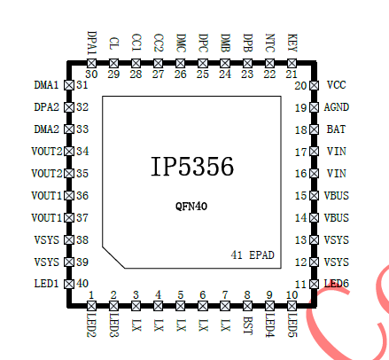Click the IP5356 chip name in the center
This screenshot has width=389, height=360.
click(x=192, y=167)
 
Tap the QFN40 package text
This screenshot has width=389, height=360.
click(x=191, y=206)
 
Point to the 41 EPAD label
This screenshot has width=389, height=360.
click(x=253, y=254)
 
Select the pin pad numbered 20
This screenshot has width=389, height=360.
click(x=314, y=85)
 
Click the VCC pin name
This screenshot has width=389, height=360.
click(x=336, y=85)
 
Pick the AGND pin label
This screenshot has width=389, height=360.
click(x=337, y=107)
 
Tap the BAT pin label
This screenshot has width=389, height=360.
click(x=336, y=129)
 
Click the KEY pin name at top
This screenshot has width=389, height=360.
click(x=292, y=43)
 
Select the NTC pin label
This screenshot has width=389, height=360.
click(x=269, y=43)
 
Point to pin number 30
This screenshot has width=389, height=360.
click(x=91, y=74)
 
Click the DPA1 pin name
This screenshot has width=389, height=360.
click(x=91, y=43)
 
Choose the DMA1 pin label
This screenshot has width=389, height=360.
click(x=46, y=85)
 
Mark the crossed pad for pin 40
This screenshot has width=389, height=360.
click(x=69, y=284)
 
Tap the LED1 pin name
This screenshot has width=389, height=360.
click(x=46, y=284)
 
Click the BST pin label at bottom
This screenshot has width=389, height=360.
click(x=247, y=325)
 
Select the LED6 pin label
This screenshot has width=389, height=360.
click(x=337, y=284)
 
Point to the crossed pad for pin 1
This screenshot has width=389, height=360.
click(x=91, y=306)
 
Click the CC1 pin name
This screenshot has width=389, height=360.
click(x=136, y=43)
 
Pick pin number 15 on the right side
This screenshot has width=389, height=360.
click(x=301, y=196)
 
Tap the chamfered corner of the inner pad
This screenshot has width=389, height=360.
click(x=113, y=257)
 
